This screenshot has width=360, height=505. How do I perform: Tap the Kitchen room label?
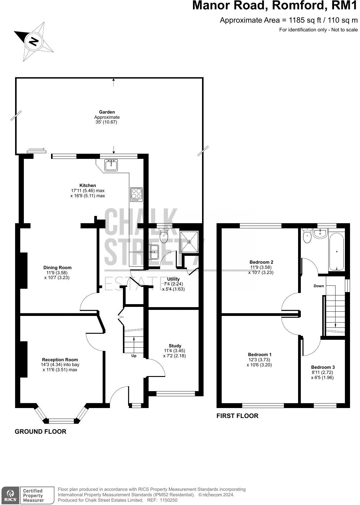pos(88,185)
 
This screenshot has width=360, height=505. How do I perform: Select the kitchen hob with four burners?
pos(136,195)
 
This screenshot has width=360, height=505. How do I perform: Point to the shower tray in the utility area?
pos(189,242)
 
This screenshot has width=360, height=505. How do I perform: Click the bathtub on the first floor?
pos(336,251)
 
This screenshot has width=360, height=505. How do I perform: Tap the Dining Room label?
pos(57,267)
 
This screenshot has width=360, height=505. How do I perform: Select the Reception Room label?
pos(60,359)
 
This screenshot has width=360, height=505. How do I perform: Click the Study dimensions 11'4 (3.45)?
pos(174,351)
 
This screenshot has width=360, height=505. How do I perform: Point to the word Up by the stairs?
pos(134,356)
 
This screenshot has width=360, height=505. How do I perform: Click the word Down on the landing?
pos(319,286)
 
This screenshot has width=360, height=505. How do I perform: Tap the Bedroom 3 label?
pos(323,367)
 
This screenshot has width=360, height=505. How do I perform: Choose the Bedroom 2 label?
pos(261,262)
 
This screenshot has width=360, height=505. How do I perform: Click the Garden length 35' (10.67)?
pos(106,122)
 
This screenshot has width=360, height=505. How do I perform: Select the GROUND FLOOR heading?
pos(40,431)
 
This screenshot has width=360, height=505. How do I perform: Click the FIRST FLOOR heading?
pos(237,416)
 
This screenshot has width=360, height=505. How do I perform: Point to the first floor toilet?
pos(307,236)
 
